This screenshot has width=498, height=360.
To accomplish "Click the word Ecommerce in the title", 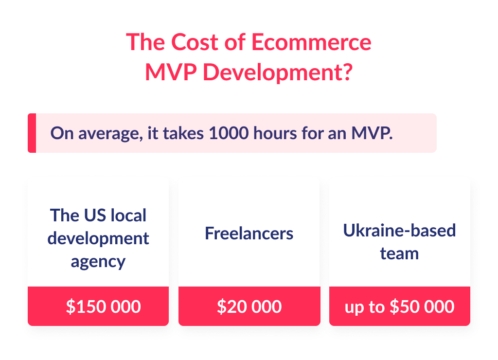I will click(311, 43).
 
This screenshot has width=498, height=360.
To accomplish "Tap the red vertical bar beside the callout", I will click(32, 133).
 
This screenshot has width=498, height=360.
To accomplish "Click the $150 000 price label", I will click(104, 306).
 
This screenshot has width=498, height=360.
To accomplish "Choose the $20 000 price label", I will click(249, 306).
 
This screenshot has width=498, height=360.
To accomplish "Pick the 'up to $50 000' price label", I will click(399, 306).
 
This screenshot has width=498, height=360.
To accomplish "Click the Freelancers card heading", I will click(249, 234).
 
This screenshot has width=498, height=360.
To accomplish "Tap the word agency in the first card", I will click(98, 262).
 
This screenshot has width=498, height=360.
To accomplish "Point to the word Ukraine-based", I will click(399, 230).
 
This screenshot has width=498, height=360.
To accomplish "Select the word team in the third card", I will click(399, 253).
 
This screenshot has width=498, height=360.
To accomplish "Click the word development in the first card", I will click(98, 238).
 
